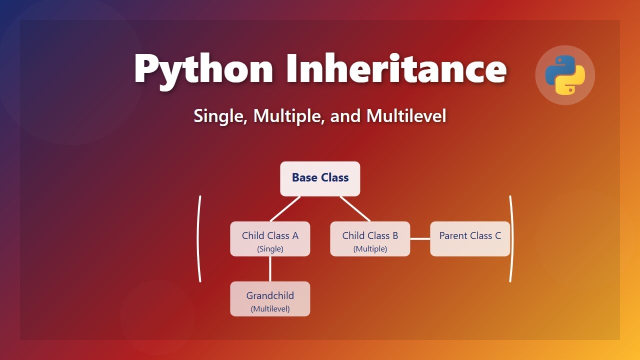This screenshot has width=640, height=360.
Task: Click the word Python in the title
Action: point(204,69)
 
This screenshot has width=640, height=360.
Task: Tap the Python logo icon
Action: point(565,75)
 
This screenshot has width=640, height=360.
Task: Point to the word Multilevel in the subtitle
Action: point(406,116)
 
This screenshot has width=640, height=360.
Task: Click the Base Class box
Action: point(320,178)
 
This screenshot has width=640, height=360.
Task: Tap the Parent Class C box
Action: point(470,238)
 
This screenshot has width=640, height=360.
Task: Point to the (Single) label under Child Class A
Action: point(270,249)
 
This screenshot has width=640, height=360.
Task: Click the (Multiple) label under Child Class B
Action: point(370,249)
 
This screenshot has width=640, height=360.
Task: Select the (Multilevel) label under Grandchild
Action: point(270,309)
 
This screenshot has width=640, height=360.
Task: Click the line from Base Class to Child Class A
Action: point(285,208)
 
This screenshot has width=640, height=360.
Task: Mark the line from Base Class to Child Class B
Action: point(355,208)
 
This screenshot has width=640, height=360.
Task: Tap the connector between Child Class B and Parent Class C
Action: point(420,239)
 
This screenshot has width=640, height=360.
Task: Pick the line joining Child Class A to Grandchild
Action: point(270,269)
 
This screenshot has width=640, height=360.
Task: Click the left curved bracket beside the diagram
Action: point(199,239)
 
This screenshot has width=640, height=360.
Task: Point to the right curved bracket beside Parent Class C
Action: point(512,239)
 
